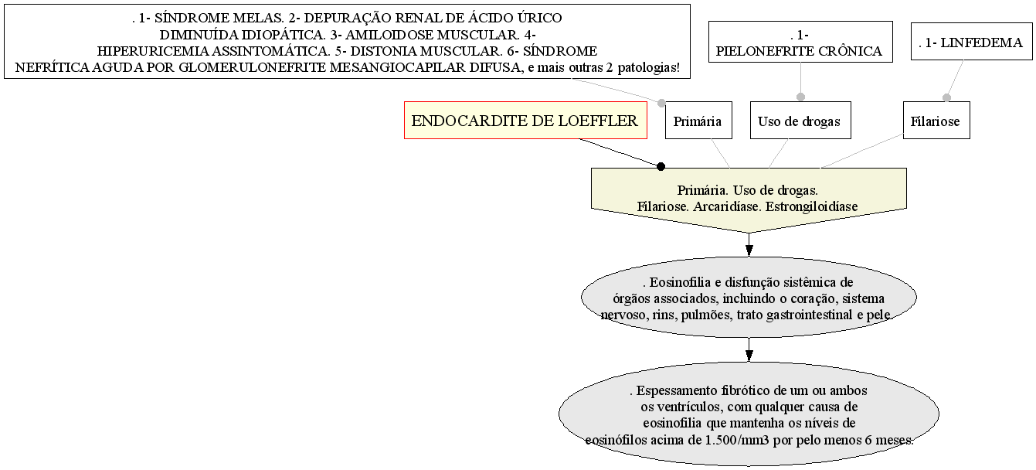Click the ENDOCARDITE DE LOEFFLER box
[x=525, y=121]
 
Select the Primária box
[x=697, y=121]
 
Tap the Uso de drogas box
[x=799, y=121]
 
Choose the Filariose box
[x=935, y=121]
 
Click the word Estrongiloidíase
[x=803, y=206]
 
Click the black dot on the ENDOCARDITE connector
[x=661, y=165]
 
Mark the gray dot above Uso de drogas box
[x=800, y=97]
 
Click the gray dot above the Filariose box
[x=946, y=97]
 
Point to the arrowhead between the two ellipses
[x=749, y=354]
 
